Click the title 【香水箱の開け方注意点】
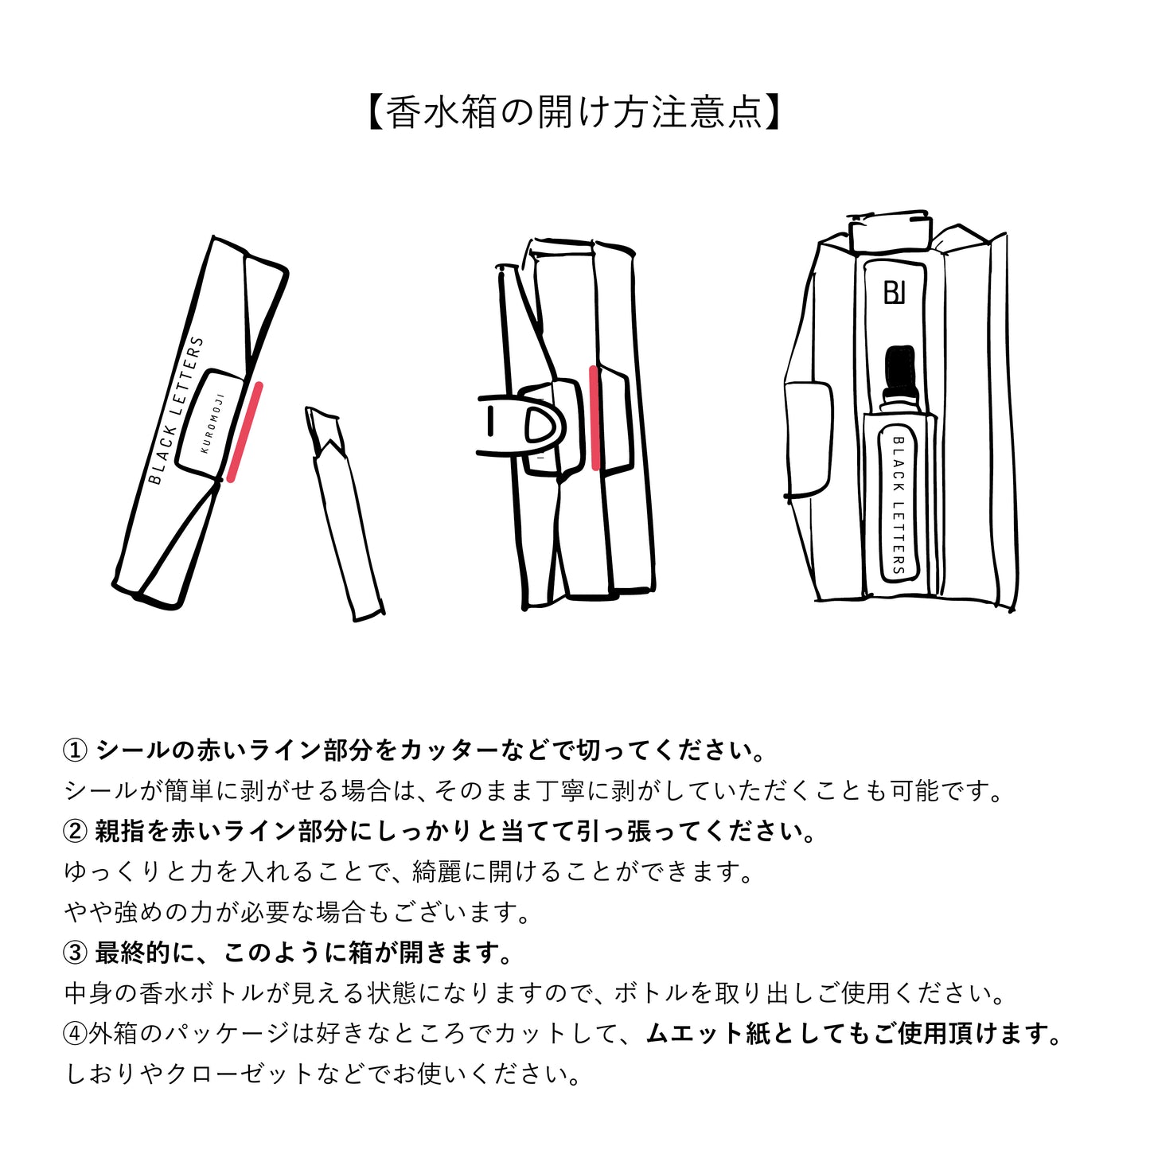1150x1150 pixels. (575, 112)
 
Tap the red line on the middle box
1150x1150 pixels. (594, 418)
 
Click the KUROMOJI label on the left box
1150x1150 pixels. (212, 424)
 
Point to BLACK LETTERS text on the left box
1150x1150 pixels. (177, 411)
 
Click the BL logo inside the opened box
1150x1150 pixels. (895, 293)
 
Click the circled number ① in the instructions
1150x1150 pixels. (75, 750)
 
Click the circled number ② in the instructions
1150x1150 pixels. (75, 832)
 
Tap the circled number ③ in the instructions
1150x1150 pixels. (75, 953)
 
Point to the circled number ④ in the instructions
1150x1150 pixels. (75, 1034)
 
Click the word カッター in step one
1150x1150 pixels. (449, 750)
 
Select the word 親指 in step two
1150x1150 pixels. (119, 832)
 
